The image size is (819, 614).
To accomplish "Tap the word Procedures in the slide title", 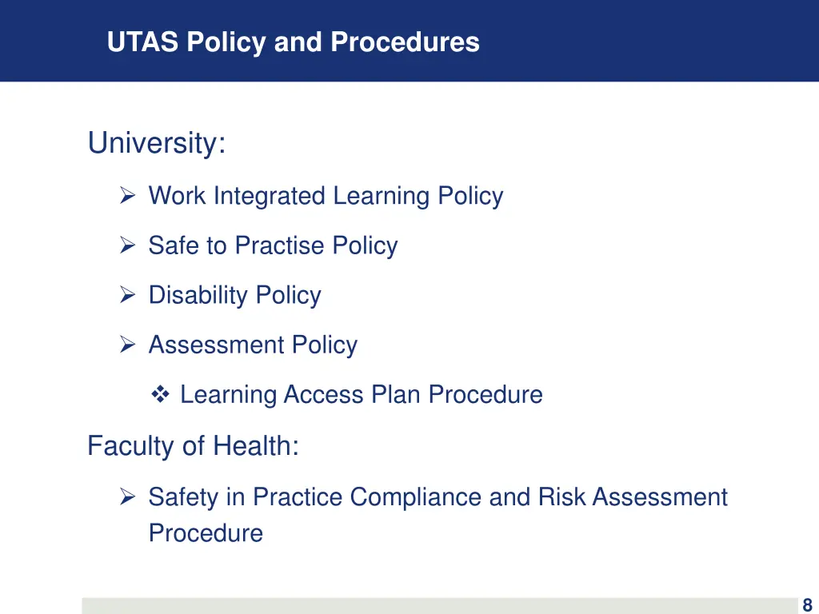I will tap(405, 42).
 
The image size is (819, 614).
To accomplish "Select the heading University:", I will tap(157, 144).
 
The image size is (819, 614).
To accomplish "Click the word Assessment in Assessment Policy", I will tap(217, 345).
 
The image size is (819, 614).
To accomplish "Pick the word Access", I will tap(324, 394).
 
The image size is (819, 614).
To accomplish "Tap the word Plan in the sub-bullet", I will tap(396, 394).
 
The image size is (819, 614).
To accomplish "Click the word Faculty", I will tap(131, 445).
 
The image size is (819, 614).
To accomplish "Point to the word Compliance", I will tap(416, 497).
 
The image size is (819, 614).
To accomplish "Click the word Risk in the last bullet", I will tap(562, 497).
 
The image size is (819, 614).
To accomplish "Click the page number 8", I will tap(807, 605).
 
